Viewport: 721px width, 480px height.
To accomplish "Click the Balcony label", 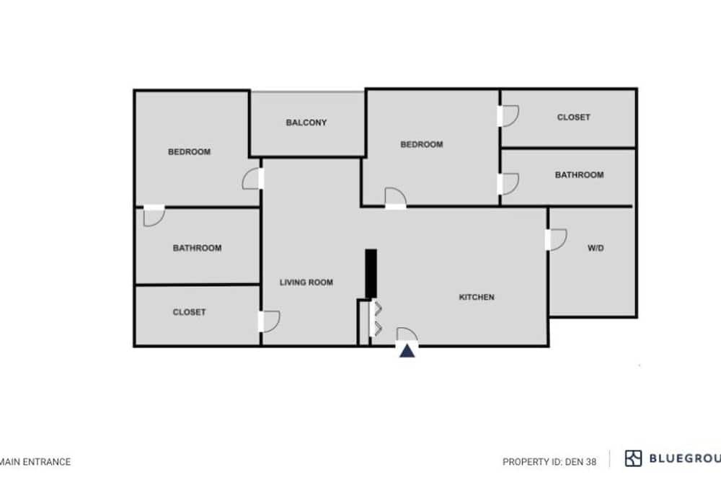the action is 306,123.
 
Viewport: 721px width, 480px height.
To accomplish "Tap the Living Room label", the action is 306,283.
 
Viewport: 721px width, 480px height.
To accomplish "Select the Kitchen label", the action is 477,297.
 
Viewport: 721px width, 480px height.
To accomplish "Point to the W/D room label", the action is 596,248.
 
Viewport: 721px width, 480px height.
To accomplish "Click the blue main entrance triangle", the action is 407,351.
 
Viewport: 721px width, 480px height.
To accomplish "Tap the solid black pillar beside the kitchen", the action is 371,274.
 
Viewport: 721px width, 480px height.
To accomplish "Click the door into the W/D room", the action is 556,239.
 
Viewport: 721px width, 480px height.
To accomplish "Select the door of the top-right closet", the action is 508,116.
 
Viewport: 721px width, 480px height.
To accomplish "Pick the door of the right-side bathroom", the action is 508,184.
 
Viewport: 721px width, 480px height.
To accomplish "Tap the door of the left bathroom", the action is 154,215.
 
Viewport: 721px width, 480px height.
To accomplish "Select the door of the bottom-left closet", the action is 269,321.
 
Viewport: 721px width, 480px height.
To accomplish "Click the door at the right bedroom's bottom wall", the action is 395,198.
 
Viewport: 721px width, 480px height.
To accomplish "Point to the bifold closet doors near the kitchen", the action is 376,318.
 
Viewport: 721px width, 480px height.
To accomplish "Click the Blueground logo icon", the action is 633,458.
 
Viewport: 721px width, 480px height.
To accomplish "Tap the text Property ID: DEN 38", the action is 549,461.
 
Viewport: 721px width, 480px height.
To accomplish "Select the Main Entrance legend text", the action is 35,461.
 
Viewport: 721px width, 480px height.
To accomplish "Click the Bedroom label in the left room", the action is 189,152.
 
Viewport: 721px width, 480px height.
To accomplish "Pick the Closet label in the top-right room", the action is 573,117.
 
